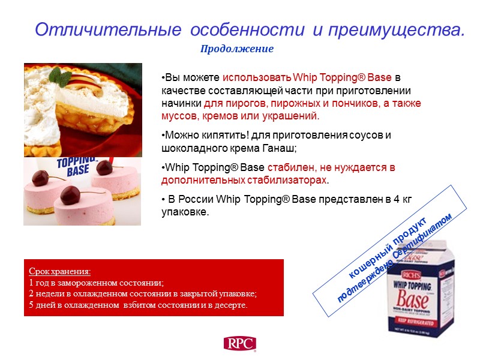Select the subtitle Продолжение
pos(236,49)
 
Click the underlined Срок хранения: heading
pos(59,271)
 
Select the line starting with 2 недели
pos(143,293)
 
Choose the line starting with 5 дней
pos(138,305)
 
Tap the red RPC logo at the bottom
pos(239,343)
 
